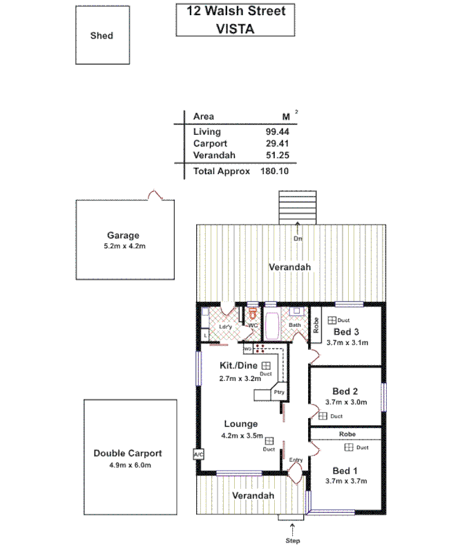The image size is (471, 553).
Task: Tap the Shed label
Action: (102, 36)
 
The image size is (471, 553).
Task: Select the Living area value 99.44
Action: (277, 131)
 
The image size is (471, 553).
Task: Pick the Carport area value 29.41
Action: (277, 143)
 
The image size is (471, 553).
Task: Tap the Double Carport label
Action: (128, 453)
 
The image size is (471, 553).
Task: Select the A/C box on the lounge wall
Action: (198, 454)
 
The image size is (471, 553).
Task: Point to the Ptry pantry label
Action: (279, 392)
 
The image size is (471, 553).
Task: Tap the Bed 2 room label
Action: (345, 391)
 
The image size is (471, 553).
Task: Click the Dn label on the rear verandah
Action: (298, 238)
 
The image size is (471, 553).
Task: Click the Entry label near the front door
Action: (296, 460)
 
